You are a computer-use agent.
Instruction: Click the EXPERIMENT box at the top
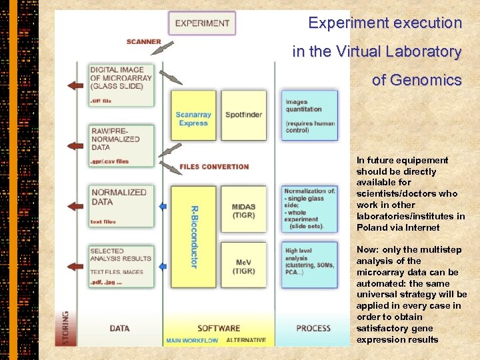coord(201,23)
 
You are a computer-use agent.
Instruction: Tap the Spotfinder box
coord(243,115)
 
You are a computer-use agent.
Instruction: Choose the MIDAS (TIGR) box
coord(243,211)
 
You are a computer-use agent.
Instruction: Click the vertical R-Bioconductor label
coord(194,237)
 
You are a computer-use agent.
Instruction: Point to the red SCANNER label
coord(144,41)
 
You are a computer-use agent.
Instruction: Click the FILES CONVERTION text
coord(214,167)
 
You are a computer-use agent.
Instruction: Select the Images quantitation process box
coord(309,115)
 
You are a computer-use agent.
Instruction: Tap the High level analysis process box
coord(309,266)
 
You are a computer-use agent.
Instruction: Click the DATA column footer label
coord(119,328)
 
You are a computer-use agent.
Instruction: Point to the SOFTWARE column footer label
coord(219,328)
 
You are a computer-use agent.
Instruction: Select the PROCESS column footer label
coord(313,328)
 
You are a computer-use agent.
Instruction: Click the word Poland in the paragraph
coord(371,227)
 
